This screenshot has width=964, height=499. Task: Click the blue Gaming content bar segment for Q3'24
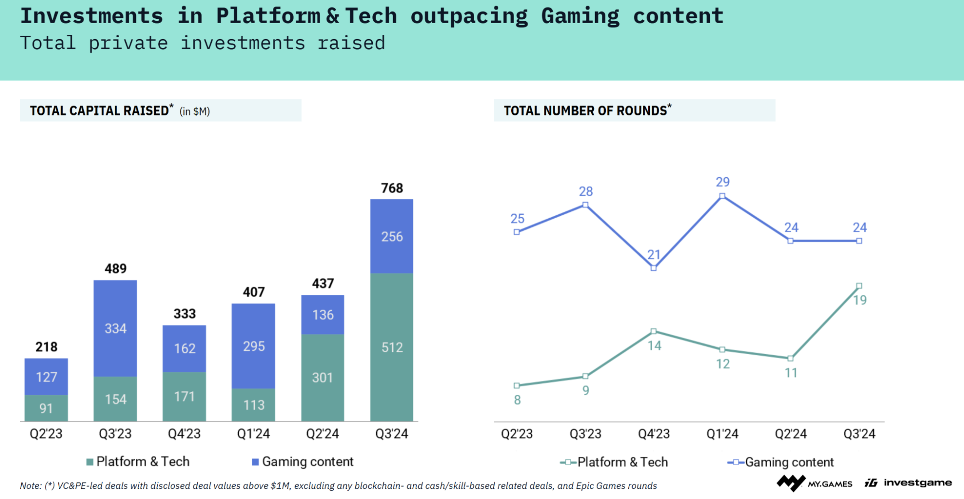click(x=392, y=236)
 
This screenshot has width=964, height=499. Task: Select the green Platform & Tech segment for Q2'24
click(x=323, y=377)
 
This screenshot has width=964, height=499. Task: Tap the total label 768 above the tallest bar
click(x=392, y=188)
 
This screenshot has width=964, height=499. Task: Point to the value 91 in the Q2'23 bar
click(x=46, y=408)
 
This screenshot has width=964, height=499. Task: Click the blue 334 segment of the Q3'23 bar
click(x=115, y=329)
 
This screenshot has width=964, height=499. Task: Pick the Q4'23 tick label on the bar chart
click(x=184, y=433)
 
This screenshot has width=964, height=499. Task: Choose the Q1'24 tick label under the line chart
click(x=722, y=433)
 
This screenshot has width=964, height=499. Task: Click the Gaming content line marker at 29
click(x=722, y=196)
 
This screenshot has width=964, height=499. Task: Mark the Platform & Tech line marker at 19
click(x=859, y=286)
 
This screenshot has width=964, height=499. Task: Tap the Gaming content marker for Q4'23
click(x=653, y=268)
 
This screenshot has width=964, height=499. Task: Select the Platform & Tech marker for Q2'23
click(x=516, y=386)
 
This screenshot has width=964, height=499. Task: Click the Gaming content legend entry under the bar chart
click(x=303, y=462)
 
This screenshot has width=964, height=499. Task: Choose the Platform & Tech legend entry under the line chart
click(x=614, y=462)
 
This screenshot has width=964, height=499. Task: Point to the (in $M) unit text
click(x=195, y=111)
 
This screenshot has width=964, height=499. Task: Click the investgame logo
click(x=908, y=483)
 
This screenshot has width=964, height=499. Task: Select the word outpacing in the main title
click(x=469, y=16)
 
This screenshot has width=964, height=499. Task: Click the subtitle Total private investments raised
click(x=203, y=43)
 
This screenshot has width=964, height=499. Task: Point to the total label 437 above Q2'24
click(x=323, y=283)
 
